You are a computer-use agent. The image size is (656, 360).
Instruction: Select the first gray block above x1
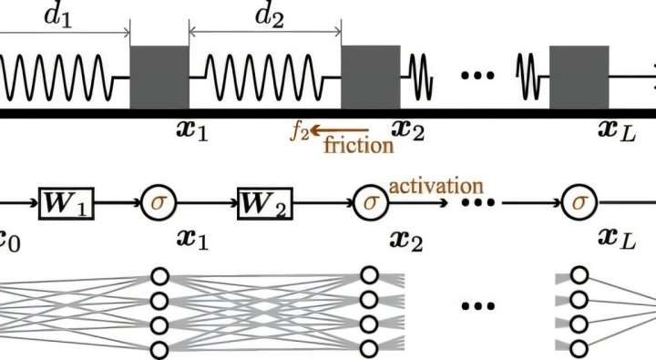coord(159,77)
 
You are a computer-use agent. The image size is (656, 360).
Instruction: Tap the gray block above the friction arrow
coord(371,77)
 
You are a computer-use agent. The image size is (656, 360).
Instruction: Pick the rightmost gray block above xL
coord(579,77)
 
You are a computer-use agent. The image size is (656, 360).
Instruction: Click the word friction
coord(359,145)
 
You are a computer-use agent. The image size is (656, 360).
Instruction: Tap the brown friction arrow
coord(339,132)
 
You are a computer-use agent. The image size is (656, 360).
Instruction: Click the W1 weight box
coord(67,199)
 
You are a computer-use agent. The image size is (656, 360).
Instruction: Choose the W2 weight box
coord(265,199)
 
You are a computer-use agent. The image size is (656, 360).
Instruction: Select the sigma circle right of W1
coord(160,199)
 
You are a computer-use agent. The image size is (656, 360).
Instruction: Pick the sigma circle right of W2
coord(370,199)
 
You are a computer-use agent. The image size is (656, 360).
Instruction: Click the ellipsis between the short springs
coord(477,76)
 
